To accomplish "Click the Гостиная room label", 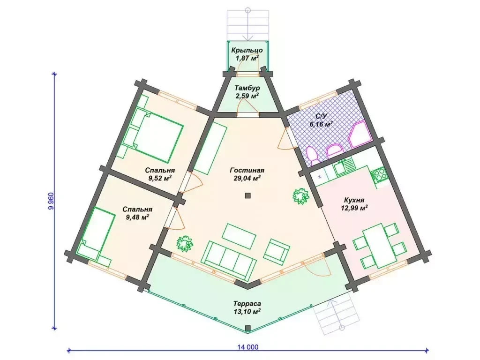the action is pyautogui.click(x=247, y=171).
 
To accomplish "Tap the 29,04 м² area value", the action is pyautogui.click(x=247, y=178).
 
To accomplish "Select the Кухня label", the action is pyautogui.click(x=354, y=200).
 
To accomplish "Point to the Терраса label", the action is pyautogui.click(x=247, y=304).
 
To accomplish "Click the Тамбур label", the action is pyautogui.click(x=247, y=88).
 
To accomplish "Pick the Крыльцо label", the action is pyautogui.click(x=247, y=50).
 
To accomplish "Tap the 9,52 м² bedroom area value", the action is pyautogui.click(x=160, y=178).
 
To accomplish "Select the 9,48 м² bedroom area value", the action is pyautogui.click(x=137, y=217).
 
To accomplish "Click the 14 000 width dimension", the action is pyautogui.click(x=247, y=347).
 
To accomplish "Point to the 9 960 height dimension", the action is pyautogui.click(x=51, y=201).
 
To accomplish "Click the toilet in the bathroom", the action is pyautogui.click(x=313, y=155).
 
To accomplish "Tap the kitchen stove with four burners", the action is pyautogui.click(x=379, y=175).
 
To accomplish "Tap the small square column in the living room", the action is pyautogui.click(x=247, y=195).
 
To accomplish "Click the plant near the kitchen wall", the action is pyautogui.click(x=300, y=196).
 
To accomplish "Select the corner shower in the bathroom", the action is pyautogui.click(x=360, y=134).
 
